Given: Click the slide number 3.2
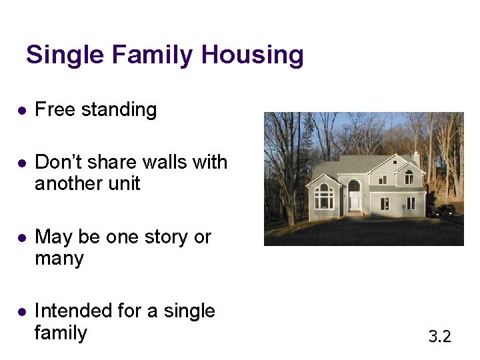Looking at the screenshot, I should coord(439,337).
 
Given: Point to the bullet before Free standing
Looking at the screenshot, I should coord(21,111).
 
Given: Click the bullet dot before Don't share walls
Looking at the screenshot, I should coord(21,163).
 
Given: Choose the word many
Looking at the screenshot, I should coord(59,259).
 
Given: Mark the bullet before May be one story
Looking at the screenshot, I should coord(21,238).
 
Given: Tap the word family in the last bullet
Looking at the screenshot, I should coord(61,333).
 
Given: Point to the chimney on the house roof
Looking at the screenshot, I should coord(416,157).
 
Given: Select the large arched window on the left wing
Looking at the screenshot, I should coord(324,196).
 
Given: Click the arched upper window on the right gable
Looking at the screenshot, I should coord(409,177).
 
